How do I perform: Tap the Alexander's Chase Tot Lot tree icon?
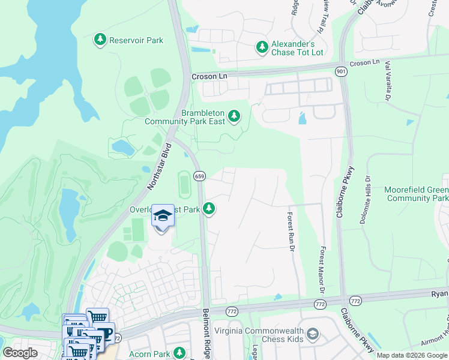pyautogui.click(x=262, y=46)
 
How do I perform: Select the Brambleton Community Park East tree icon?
pyautogui.click(x=234, y=115)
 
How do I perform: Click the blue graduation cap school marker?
pyautogui.click(x=163, y=215)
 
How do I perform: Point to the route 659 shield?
pyautogui.click(x=199, y=176)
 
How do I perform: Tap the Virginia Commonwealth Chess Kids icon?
pyautogui.click(x=312, y=334)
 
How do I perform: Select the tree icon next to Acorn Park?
pyautogui.click(x=179, y=353)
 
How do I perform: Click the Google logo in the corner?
pyautogui.click(x=20, y=353)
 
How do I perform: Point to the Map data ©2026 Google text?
pyautogui.click(x=411, y=355)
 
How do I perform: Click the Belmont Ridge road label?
pyautogui.click(x=206, y=333)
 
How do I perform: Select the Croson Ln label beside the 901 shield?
pyautogui.click(x=364, y=63)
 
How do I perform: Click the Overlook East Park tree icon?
pyautogui.click(x=209, y=209)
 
